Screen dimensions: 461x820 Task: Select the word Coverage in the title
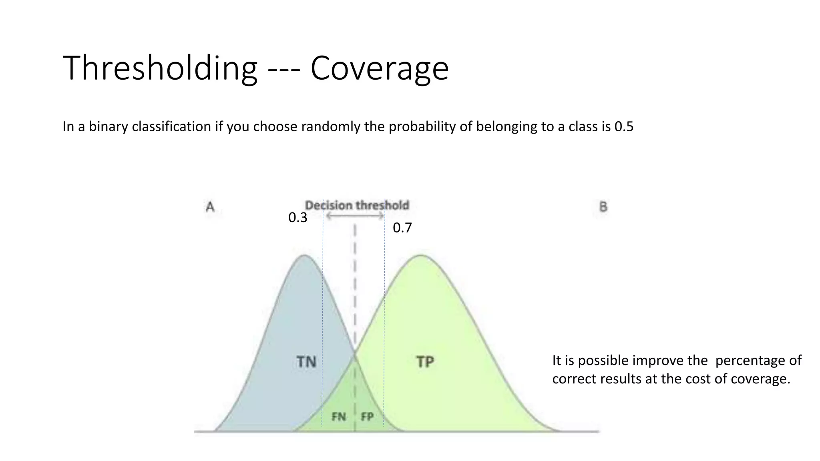[x=379, y=69]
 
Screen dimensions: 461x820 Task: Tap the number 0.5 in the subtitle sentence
[x=624, y=126]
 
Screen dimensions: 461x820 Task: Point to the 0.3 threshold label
[x=297, y=218]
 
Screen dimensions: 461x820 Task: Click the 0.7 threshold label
[x=402, y=228]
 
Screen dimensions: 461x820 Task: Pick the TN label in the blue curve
[x=306, y=362]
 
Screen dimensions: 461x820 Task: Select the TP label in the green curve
[x=425, y=362]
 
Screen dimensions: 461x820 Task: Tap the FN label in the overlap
[x=339, y=417]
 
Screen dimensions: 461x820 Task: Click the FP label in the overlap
[x=367, y=417]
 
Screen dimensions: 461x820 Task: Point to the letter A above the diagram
[x=210, y=207]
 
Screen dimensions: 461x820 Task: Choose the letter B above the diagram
[x=603, y=207]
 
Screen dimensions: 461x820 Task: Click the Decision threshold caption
[x=357, y=205]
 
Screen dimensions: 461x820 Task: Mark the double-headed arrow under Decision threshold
[x=355, y=216]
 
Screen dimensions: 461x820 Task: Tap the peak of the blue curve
[x=305, y=255]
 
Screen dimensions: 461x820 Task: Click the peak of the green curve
[x=421, y=255]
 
